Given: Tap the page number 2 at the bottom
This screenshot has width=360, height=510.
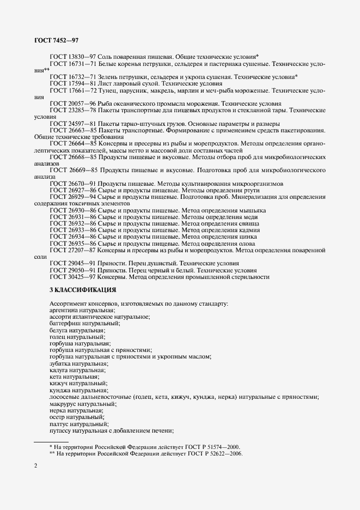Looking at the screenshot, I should pyautogui.click(x=35, y=466).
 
